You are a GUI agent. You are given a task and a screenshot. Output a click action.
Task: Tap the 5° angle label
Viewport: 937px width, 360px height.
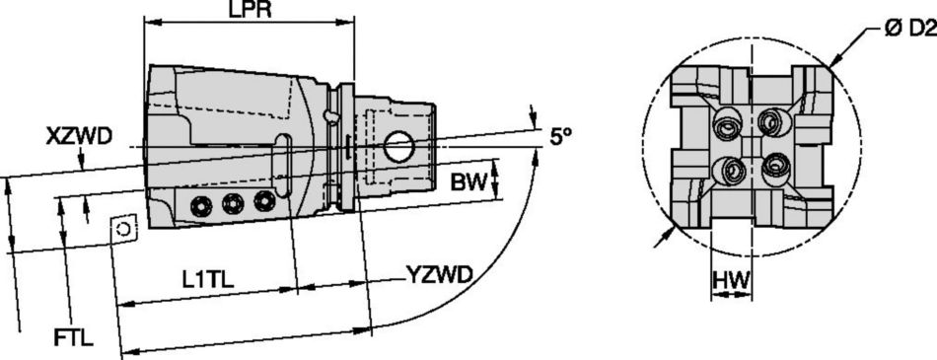560,137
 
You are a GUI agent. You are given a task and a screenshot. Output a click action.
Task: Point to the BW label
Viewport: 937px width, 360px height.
468,181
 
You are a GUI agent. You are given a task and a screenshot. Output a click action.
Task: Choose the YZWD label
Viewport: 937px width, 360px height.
440,273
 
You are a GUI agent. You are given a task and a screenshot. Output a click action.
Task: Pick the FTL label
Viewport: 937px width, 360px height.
73,338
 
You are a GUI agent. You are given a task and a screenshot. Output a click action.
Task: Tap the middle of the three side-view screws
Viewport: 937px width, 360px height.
233,203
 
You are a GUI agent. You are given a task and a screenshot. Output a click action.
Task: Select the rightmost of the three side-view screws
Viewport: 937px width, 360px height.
263,200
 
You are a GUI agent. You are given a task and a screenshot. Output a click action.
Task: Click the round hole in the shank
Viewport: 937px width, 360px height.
399,148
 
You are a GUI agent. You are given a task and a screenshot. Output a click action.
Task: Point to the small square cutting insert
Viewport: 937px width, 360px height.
123,228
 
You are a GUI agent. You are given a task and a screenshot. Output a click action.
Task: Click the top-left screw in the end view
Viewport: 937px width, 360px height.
729,125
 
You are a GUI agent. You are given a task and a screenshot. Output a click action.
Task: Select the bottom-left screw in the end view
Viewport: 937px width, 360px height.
732,170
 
